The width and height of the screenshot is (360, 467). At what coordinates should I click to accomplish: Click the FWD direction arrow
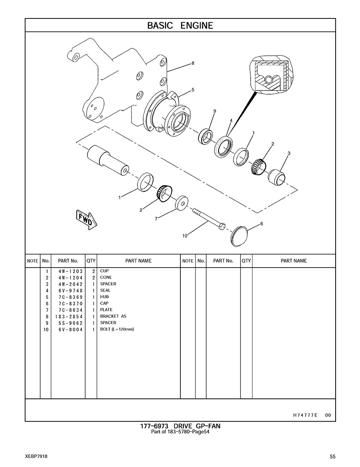(x=87, y=220)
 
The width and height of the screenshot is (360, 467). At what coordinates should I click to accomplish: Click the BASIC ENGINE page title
(x=180, y=26)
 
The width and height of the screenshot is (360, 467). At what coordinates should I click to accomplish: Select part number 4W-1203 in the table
(x=70, y=271)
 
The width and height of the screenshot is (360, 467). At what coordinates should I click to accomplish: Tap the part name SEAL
(x=105, y=290)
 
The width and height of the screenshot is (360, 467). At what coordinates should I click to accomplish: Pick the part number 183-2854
(x=69, y=316)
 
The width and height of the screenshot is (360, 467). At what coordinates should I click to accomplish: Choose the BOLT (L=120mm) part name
(x=117, y=329)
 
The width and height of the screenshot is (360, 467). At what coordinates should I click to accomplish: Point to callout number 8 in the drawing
(x=193, y=63)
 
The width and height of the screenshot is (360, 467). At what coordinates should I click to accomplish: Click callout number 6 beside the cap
(x=261, y=224)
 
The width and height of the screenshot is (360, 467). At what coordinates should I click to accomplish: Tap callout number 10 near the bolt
(x=185, y=236)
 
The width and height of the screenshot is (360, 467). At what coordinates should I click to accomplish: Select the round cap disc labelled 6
(x=239, y=236)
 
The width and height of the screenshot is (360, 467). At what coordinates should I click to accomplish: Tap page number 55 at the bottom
(x=333, y=457)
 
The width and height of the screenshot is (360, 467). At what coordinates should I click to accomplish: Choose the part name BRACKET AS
(x=113, y=316)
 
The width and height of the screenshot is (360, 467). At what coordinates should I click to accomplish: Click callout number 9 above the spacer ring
(x=214, y=111)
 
